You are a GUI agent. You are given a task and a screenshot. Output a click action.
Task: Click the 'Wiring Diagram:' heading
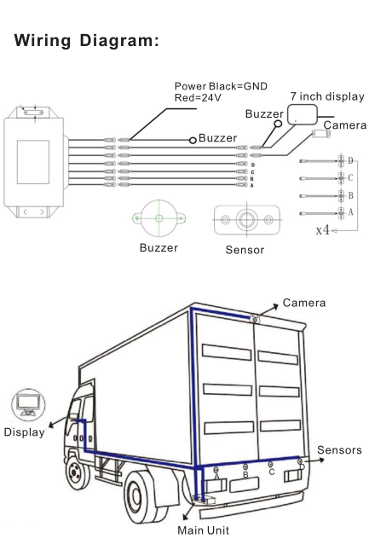[86, 40]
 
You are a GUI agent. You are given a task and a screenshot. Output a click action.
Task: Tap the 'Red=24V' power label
[198, 98]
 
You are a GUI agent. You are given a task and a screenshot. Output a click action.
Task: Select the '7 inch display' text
[327, 96]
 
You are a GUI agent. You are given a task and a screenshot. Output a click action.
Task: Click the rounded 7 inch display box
[302, 114]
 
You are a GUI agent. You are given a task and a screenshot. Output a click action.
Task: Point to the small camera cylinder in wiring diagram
[321, 134]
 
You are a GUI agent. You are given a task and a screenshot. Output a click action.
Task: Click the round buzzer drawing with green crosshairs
[159, 218]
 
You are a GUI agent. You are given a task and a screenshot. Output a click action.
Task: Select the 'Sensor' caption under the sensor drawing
[245, 250]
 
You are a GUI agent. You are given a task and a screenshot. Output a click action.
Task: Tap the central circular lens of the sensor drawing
[246, 220]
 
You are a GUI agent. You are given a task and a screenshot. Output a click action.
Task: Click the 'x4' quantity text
[323, 229]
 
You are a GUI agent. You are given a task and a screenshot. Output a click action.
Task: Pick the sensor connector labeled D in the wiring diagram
[341, 161]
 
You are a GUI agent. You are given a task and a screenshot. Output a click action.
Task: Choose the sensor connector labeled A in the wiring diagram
[341, 213]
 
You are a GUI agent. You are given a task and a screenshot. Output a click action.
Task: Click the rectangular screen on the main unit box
[33, 162]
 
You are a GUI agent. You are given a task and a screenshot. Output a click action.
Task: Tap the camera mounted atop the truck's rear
[255, 319]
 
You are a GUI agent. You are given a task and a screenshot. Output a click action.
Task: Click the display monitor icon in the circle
[28, 404]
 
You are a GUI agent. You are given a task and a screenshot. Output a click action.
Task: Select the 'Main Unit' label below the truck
[203, 530]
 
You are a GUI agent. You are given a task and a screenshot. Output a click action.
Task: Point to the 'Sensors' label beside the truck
[339, 450]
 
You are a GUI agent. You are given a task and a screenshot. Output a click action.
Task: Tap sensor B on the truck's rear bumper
[245, 466]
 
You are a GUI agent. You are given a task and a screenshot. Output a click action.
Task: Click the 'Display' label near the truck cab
[24, 432]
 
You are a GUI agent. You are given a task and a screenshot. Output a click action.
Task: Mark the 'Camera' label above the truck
[304, 303]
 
